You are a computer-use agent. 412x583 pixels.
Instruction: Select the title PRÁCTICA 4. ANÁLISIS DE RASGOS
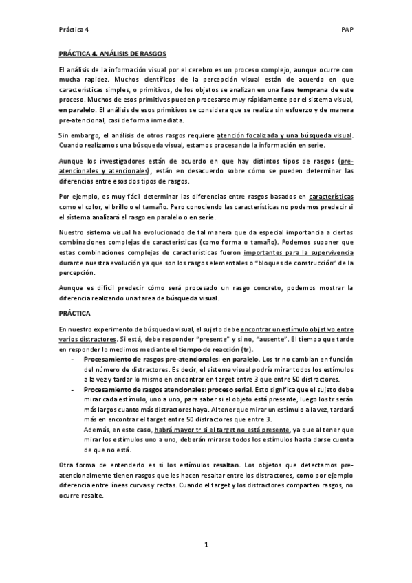(x=113, y=54)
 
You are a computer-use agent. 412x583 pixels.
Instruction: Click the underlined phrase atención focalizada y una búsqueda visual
(x=283, y=135)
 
